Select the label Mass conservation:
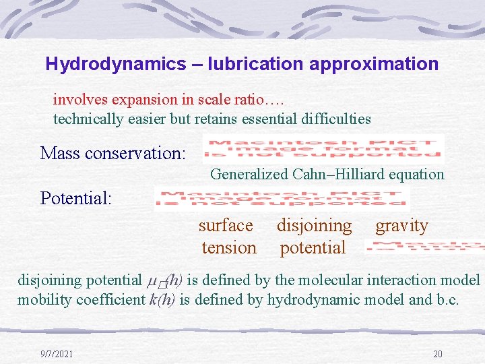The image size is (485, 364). point(112,153)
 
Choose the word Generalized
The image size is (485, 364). point(249,175)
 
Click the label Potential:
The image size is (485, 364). point(75,198)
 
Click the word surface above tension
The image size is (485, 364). point(226,225)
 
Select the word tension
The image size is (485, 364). point(229,247)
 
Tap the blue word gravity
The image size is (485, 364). point(401,225)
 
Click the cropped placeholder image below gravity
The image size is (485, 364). point(424,247)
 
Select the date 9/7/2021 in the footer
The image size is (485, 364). point(56,354)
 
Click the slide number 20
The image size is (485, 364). point(437,354)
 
